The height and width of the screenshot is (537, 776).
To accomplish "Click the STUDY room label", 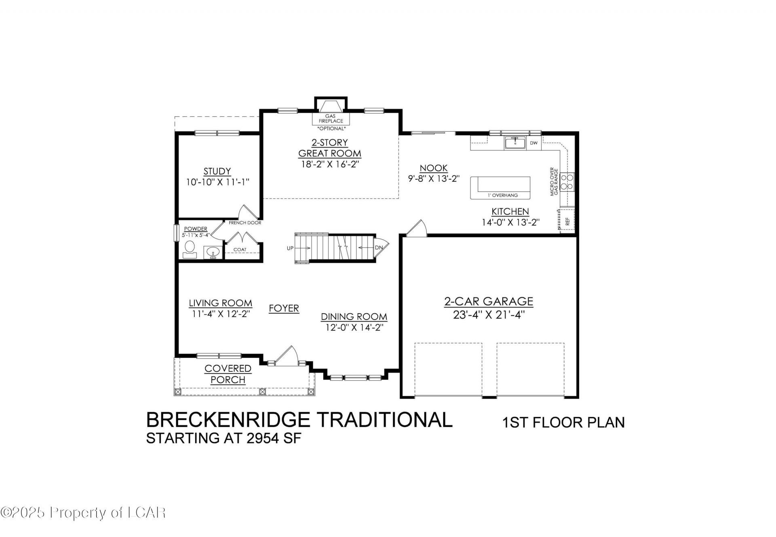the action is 217,171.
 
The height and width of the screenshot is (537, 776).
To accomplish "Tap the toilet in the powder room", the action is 189,249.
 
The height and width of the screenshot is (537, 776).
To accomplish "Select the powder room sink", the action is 212,252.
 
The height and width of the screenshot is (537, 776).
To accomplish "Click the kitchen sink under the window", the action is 515,143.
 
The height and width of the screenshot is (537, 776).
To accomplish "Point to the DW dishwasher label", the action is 533,143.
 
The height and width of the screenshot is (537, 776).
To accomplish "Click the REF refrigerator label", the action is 567,221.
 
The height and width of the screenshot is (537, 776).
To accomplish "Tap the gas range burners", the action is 570,181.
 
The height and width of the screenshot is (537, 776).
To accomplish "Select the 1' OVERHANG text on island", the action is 502,195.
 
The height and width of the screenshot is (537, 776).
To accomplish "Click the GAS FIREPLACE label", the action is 331,118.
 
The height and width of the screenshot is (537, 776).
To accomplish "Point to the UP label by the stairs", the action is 290,248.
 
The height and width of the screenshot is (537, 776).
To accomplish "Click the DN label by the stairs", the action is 379,248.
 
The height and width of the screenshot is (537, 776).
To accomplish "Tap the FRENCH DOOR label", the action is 245,223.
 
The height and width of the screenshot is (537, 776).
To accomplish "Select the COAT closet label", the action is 240,249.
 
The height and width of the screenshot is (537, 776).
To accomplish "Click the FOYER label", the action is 284,308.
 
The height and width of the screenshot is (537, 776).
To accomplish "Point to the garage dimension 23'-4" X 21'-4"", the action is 489,315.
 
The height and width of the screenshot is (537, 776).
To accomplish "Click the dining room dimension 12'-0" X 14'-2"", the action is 354,327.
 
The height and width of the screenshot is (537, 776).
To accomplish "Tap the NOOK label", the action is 434,168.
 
